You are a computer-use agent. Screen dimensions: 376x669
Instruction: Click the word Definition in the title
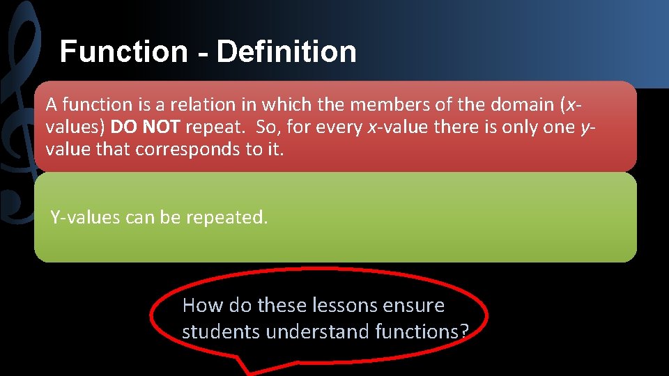tap(286, 52)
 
